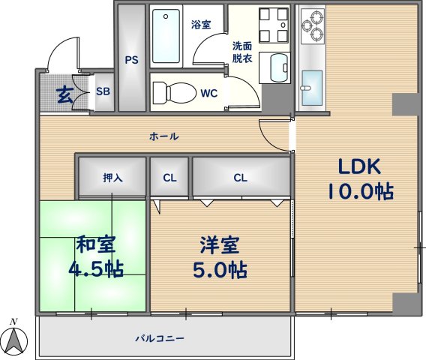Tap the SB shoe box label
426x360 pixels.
[103, 93]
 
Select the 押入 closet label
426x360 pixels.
[112, 178]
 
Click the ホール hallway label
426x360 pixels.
[163, 136]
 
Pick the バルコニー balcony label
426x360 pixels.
[159, 337]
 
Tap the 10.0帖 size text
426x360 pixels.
[359, 192]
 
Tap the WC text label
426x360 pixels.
[209, 94]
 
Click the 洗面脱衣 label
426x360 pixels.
[241, 52]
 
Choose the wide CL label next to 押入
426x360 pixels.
[240, 178]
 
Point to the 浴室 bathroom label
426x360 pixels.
[200, 24]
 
